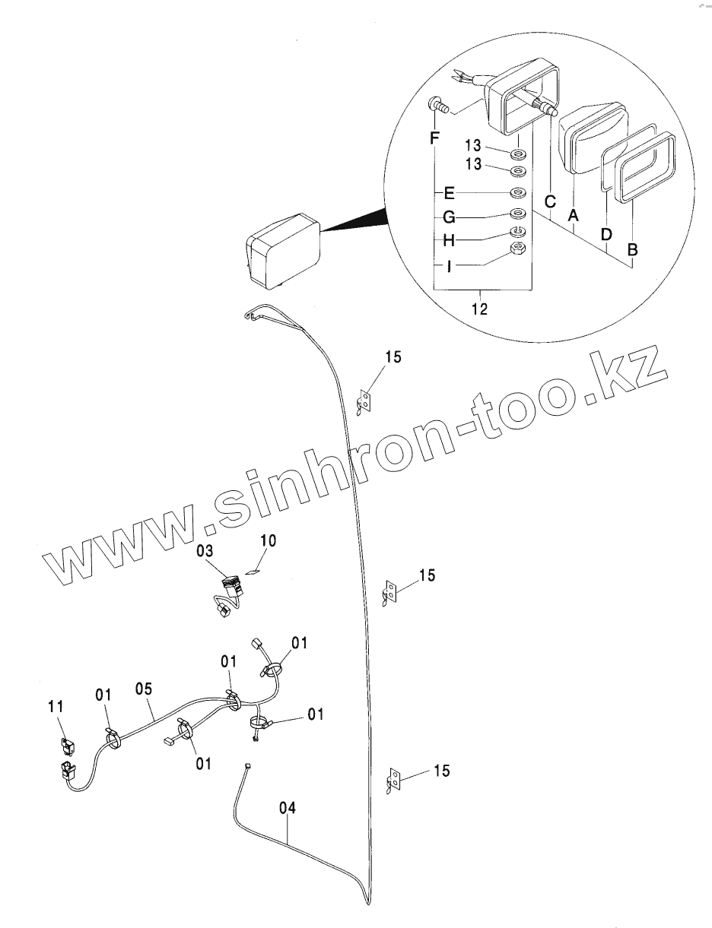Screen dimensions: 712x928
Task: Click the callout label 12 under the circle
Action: pyautogui.click(x=481, y=309)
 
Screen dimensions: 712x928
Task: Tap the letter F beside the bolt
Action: pyautogui.click(x=434, y=138)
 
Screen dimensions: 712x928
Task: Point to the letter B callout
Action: pyautogui.click(x=632, y=248)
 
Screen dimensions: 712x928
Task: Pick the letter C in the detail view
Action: pyautogui.click(x=550, y=202)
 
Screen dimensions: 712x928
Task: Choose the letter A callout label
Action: pyautogui.click(x=574, y=216)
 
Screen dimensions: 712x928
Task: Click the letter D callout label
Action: pyautogui.click(x=606, y=235)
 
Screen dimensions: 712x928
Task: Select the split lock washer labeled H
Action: pyautogui.click(x=517, y=232)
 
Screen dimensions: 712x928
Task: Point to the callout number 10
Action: pyautogui.click(x=269, y=540)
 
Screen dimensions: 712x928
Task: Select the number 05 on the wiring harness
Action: pyautogui.click(x=144, y=689)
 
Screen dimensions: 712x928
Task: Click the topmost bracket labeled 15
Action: pyautogui.click(x=366, y=401)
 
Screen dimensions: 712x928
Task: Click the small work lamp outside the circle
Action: pyautogui.click(x=281, y=249)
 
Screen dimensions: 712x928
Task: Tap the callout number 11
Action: pyautogui.click(x=56, y=707)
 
